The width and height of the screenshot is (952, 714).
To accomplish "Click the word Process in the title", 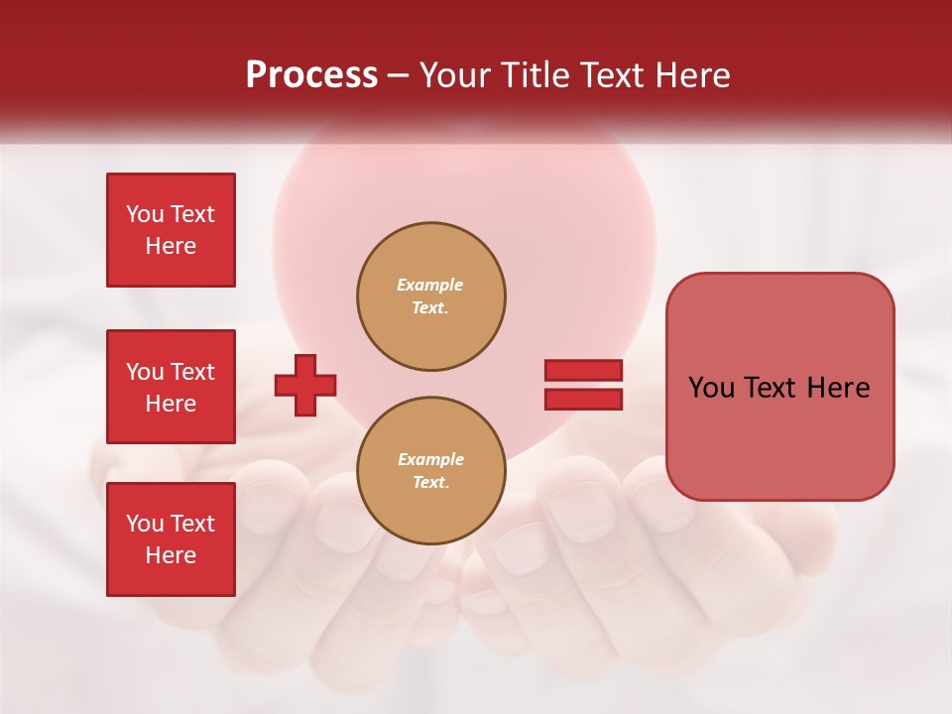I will click(x=311, y=75).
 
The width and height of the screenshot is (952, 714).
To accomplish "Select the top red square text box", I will click(x=171, y=230).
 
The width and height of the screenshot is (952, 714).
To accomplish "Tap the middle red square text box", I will click(x=171, y=387).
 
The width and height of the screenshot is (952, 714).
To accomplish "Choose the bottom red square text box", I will click(x=171, y=539).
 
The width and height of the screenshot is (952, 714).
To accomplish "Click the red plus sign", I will click(x=305, y=386).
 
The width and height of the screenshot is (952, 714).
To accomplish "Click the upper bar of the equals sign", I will click(x=583, y=371).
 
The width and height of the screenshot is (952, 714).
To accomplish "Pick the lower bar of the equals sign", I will click(x=583, y=399).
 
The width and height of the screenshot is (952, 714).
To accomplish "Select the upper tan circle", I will click(x=430, y=296).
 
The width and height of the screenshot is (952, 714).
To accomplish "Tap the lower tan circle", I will click(x=430, y=471).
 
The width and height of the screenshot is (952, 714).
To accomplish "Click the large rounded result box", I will click(x=779, y=387).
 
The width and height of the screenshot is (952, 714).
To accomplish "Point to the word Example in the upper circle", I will click(x=429, y=285).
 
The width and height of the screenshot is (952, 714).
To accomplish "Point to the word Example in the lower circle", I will click(x=430, y=459).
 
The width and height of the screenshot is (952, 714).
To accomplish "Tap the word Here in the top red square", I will click(x=171, y=246).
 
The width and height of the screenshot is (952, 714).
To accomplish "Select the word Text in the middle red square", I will click(x=191, y=372).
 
